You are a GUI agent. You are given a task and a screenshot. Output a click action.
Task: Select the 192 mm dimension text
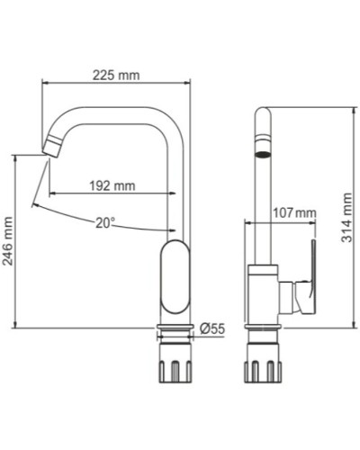(112, 186)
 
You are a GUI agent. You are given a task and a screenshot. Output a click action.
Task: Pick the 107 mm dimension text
(294, 213)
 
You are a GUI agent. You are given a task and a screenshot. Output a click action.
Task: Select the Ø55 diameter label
(211, 329)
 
